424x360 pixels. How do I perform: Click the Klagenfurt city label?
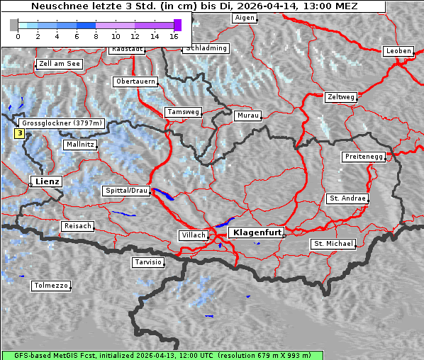coord(257,232)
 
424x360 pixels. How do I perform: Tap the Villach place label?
coord(193,235)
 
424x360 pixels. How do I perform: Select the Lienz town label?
coord(47,181)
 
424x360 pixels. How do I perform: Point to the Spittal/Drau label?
coord(127,191)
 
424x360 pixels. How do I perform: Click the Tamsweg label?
coord(184,112)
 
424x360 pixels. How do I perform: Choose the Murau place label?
coord(248,115)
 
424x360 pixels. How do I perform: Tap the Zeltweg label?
coord(340,96)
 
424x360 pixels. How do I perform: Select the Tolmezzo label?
coord(51,286)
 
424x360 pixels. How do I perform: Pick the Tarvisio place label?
coord(148,262)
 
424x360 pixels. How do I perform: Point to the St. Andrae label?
coord(347,198)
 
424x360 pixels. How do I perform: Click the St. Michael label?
coord(333,244)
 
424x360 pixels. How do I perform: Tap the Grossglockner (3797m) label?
coord(62,123)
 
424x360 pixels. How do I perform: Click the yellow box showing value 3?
coord(20,133)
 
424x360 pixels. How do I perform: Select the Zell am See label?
coord(59,64)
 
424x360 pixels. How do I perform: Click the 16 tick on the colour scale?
coord(174,35)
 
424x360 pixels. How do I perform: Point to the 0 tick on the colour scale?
coord(18,35)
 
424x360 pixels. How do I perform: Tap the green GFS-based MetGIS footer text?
coord(162,355)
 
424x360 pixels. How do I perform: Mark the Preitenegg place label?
coord(364,156)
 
